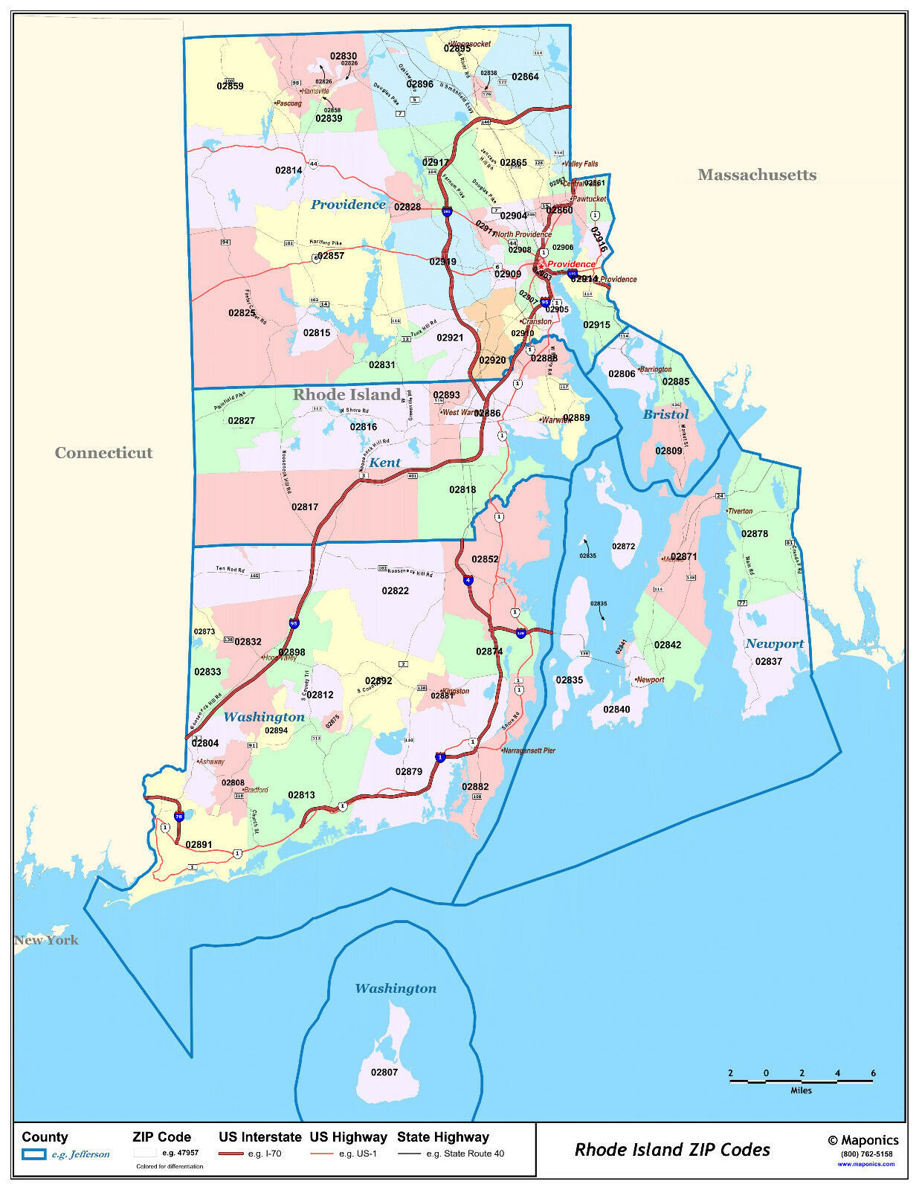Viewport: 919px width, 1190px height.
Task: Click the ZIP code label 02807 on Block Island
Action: (384, 1072)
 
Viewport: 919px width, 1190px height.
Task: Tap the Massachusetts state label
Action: (756, 175)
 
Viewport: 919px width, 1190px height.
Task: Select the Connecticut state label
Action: (103, 452)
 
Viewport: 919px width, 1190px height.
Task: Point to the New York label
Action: (46, 939)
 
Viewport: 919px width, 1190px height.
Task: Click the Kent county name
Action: (384, 462)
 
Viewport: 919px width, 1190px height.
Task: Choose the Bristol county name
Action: (665, 414)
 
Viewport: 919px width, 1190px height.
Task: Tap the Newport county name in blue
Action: (774, 643)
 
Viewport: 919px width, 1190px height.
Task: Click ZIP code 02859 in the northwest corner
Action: (230, 86)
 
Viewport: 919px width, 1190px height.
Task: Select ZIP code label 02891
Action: (199, 844)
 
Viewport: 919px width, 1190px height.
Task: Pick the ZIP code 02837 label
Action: (768, 661)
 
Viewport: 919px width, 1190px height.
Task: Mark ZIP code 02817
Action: (305, 506)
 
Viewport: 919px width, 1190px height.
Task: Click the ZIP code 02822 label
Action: (395, 591)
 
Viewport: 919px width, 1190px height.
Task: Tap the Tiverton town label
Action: (740, 511)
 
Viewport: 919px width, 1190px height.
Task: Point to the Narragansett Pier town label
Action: (529, 750)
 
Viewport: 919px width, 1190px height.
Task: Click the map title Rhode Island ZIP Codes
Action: (672, 1149)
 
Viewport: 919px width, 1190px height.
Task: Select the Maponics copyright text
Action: (862, 1140)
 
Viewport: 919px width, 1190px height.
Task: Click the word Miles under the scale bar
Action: (801, 1090)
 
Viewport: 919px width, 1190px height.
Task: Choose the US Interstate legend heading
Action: (259, 1136)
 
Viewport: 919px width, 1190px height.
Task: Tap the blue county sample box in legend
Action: (33, 1154)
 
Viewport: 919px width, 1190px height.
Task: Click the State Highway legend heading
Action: (442, 1136)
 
